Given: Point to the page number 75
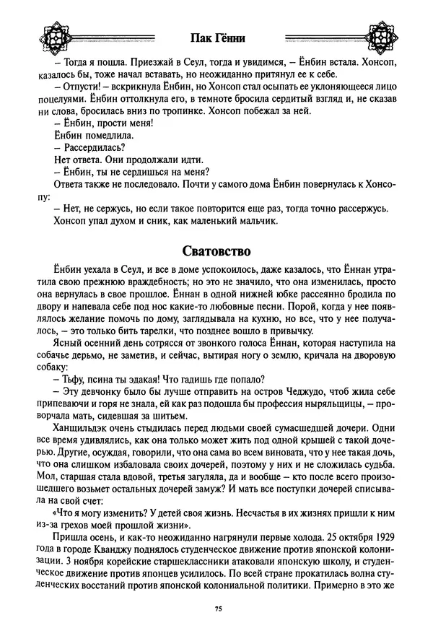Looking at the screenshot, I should click(217, 610).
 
